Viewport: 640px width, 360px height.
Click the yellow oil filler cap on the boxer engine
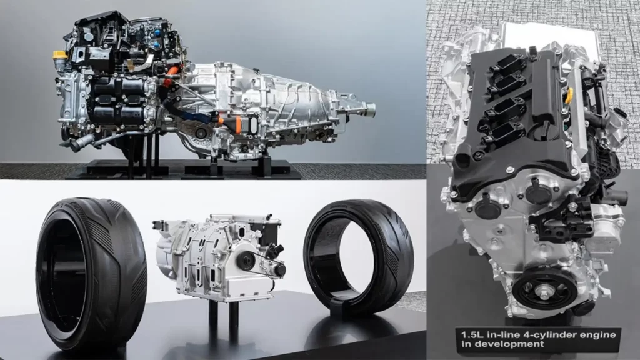tap(60, 55)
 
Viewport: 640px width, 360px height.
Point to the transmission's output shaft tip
tap(370, 109)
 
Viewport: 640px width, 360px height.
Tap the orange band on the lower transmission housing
tap(238, 124)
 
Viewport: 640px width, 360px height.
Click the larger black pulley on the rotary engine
tap(247, 259)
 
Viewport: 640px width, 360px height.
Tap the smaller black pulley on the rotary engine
tap(280, 269)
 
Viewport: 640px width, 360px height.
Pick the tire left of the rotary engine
tap(91, 274)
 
